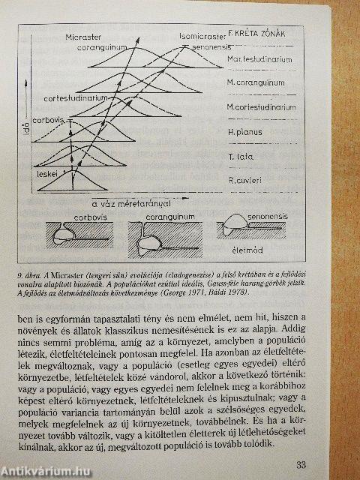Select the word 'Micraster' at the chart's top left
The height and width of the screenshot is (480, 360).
(106, 34)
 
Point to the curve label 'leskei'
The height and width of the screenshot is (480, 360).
(48, 172)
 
